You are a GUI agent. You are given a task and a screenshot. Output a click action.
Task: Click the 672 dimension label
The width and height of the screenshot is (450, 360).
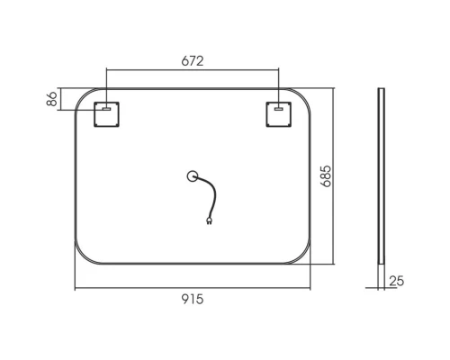[193, 61]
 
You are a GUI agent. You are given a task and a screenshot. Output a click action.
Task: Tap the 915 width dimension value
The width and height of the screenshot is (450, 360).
[193, 301]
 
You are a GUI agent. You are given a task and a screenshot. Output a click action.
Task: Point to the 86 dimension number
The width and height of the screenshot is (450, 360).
[52, 100]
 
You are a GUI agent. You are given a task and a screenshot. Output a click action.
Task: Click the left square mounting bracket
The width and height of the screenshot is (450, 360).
[107, 115]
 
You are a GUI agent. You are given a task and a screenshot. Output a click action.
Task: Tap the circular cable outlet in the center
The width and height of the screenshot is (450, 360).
[192, 176]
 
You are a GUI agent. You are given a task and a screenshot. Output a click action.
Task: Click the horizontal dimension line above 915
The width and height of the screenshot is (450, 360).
[193, 288]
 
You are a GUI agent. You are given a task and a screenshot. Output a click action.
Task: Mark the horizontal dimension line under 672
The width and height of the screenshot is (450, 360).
[193, 70]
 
